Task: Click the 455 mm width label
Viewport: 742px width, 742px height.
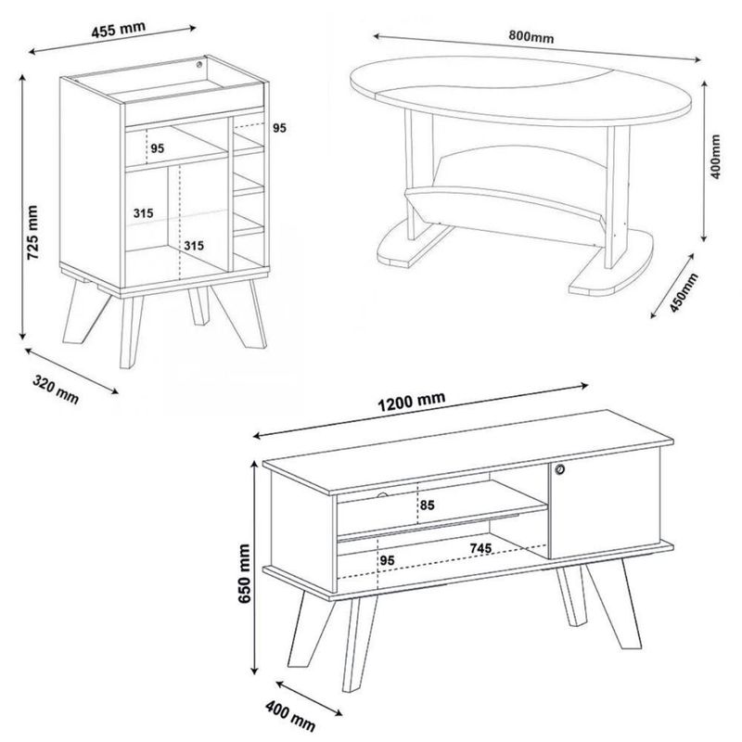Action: [119, 30]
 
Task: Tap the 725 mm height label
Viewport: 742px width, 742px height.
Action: [32, 233]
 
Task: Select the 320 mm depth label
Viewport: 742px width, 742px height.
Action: [56, 389]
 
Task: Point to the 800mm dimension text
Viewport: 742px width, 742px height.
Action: [531, 36]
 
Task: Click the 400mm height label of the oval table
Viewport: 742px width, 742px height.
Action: [715, 157]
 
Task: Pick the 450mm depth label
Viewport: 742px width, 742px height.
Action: [684, 292]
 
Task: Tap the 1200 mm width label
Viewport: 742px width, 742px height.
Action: [412, 402]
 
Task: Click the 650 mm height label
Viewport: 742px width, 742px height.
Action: [244, 573]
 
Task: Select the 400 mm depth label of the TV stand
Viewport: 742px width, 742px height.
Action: [289, 716]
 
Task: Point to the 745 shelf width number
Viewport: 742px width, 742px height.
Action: [480, 548]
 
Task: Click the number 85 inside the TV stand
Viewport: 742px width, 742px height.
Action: [427, 505]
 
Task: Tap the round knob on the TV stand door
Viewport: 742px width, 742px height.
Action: [560, 469]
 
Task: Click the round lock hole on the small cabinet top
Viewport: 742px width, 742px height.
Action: [199, 64]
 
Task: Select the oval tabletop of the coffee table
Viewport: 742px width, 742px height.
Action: [520, 91]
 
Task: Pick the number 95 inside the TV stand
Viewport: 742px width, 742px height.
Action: [387, 561]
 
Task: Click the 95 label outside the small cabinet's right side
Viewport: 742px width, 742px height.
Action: [279, 128]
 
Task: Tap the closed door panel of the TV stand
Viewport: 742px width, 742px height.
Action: [605, 503]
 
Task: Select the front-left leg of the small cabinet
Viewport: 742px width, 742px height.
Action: [130, 332]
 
